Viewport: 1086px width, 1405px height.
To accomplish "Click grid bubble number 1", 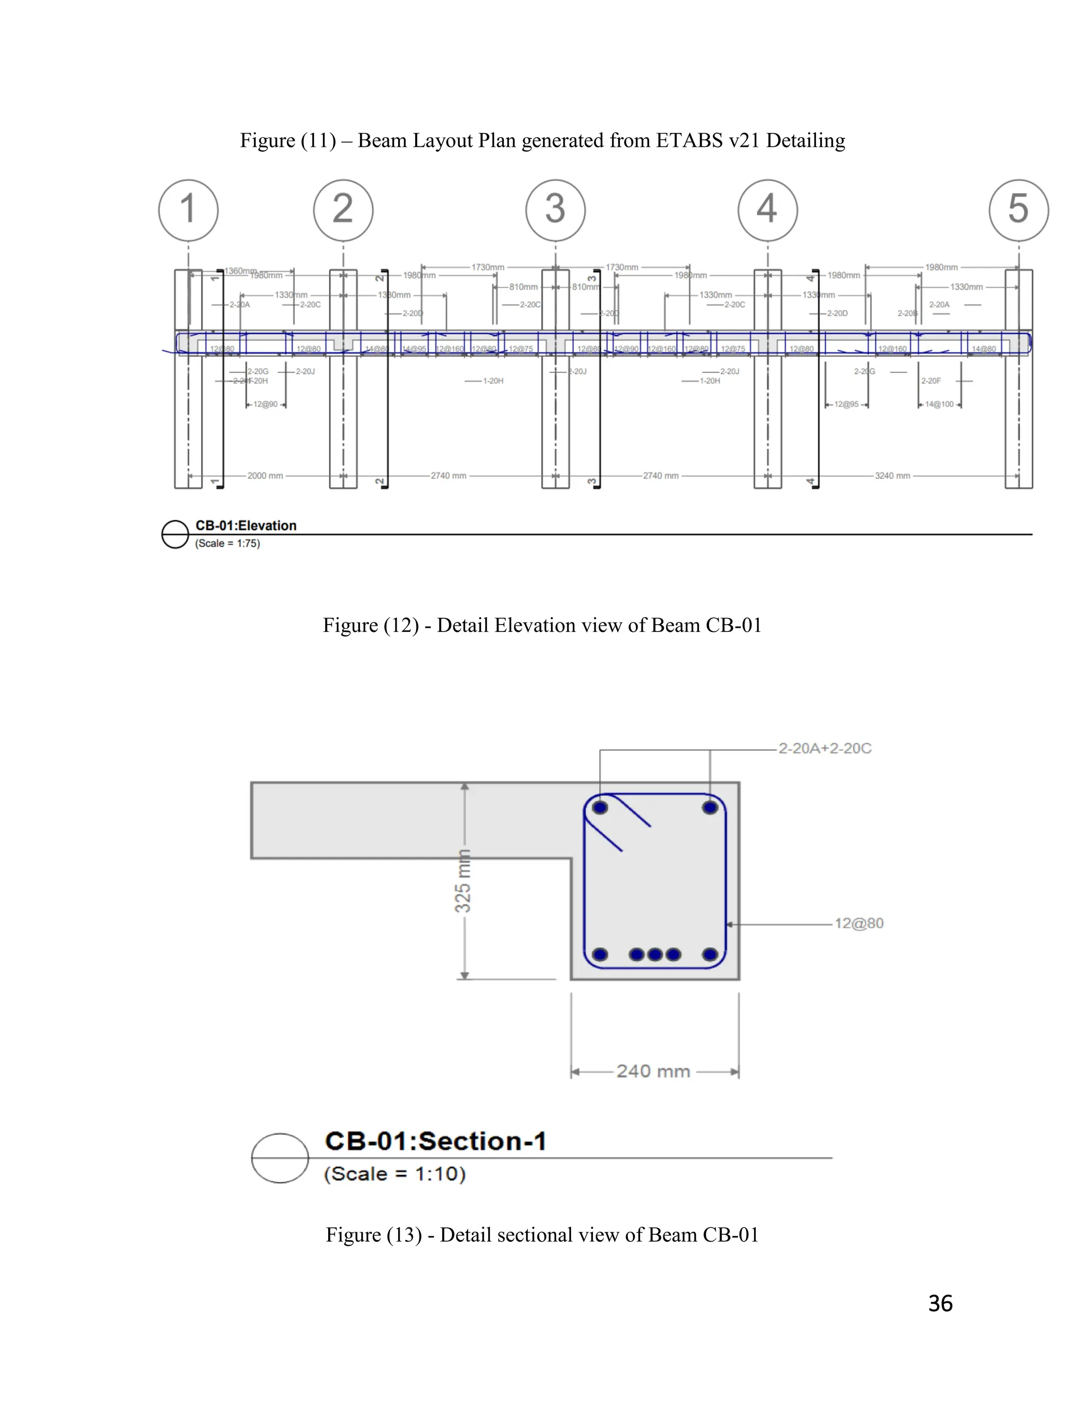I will click(x=188, y=210).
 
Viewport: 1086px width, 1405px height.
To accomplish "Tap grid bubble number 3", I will click(x=555, y=210).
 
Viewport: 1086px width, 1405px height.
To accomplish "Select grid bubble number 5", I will click(x=1019, y=210).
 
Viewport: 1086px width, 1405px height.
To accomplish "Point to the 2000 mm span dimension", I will click(x=265, y=476).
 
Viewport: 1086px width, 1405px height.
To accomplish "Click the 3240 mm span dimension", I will click(x=892, y=476).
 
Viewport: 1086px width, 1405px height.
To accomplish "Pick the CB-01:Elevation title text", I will click(x=246, y=525).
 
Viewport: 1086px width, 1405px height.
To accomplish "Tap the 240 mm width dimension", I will click(x=653, y=1071).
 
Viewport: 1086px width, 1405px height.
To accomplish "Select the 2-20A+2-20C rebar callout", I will click(x=825, y=748).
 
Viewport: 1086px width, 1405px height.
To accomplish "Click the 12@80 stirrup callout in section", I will click(x=859, y=923).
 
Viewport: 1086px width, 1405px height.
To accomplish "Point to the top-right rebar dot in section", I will click(x=710, y=807).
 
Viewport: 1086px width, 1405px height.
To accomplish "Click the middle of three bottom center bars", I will click(x=655, y=954).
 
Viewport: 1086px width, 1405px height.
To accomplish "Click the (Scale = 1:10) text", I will click(x=395, y=1174).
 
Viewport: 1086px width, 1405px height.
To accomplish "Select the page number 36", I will click(x=940, y=1303).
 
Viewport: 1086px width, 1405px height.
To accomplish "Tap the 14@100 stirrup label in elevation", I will click(x=939, y=404).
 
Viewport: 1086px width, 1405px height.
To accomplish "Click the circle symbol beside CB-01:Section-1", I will click(x=280, y=1157).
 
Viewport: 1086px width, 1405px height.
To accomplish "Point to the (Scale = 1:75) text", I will click(x=227, y=543).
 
